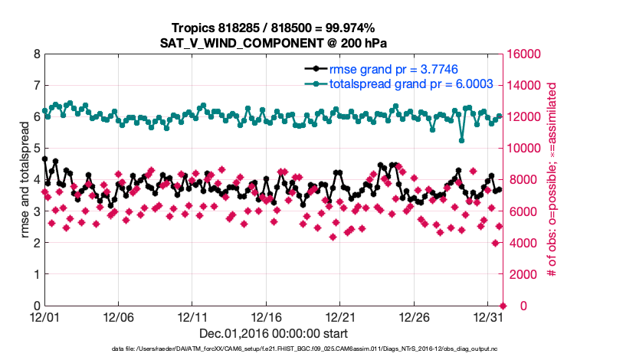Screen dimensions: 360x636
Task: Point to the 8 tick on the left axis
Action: (x=36, y=54)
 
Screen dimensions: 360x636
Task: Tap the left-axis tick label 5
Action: (x=36, y=149)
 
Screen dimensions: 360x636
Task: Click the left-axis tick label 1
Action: (x=36, y=274)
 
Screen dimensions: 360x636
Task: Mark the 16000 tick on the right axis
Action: (x=522, y=54)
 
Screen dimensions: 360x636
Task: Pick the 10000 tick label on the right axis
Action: (x=522, y=149)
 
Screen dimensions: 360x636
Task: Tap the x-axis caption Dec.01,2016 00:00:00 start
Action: (x=273, y=333)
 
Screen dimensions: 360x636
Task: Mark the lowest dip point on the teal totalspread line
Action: (x=461, y=140)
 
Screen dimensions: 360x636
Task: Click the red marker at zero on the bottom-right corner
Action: (x=503, y=306)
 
